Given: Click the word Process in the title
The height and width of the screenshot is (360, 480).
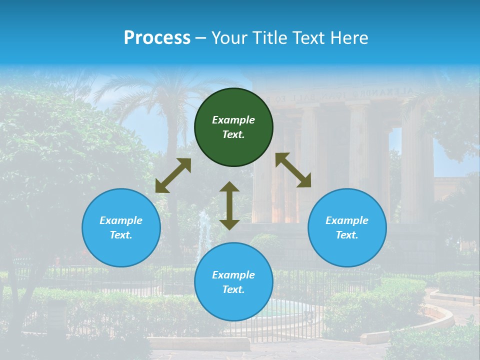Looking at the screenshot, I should (157, 38).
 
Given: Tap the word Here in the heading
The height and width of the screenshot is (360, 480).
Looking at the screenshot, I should (349, 38).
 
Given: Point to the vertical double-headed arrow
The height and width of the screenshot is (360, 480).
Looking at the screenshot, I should (229, 206).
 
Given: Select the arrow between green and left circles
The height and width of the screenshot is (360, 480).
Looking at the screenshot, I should (173, 175).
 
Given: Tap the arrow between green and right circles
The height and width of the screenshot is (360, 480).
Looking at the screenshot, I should (293, 170).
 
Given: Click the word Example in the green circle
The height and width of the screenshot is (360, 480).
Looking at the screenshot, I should (233, 120).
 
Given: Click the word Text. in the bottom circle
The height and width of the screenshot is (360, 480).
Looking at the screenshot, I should (233, 289).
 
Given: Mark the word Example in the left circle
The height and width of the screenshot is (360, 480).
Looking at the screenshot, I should (121, 220).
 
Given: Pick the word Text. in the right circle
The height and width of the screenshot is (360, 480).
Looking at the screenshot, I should (347, 235).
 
